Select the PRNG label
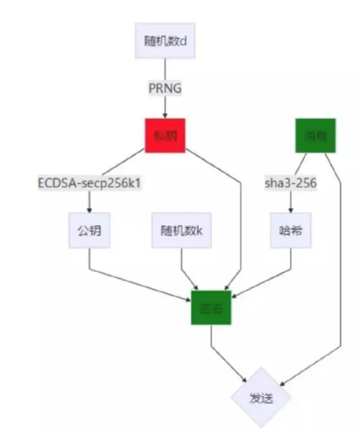165,88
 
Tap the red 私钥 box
165,136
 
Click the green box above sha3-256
316,136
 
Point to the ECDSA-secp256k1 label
89,183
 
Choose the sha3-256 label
291,183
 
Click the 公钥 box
89,230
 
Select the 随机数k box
182,230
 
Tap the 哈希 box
291,230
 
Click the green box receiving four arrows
211,308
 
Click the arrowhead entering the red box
165,116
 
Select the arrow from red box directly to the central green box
240,215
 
